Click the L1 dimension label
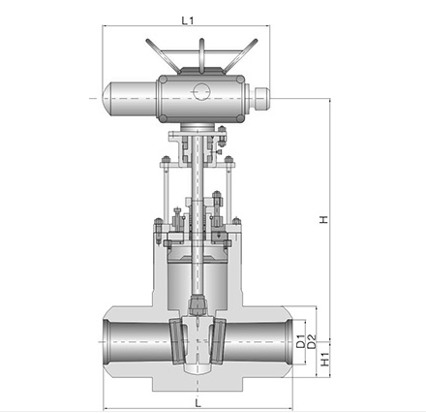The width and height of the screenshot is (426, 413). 188,20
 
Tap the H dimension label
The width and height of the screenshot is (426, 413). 323,219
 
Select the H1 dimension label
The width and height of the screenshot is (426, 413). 325,359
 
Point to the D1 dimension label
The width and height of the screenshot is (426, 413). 301,342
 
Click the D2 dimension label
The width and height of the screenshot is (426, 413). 312,341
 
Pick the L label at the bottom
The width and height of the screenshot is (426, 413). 198,403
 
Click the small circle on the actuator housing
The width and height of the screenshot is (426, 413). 202,91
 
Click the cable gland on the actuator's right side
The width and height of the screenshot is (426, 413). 261,99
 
